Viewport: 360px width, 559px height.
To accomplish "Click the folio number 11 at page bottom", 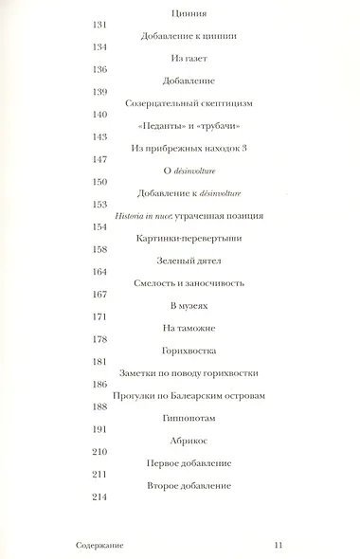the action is click(279, 543).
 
